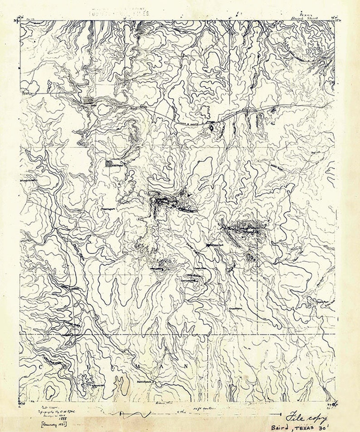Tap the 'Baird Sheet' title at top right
[305, 19]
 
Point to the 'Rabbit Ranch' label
[146, 382]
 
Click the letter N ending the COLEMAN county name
[185, 365]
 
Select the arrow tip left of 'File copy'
[272, 413]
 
